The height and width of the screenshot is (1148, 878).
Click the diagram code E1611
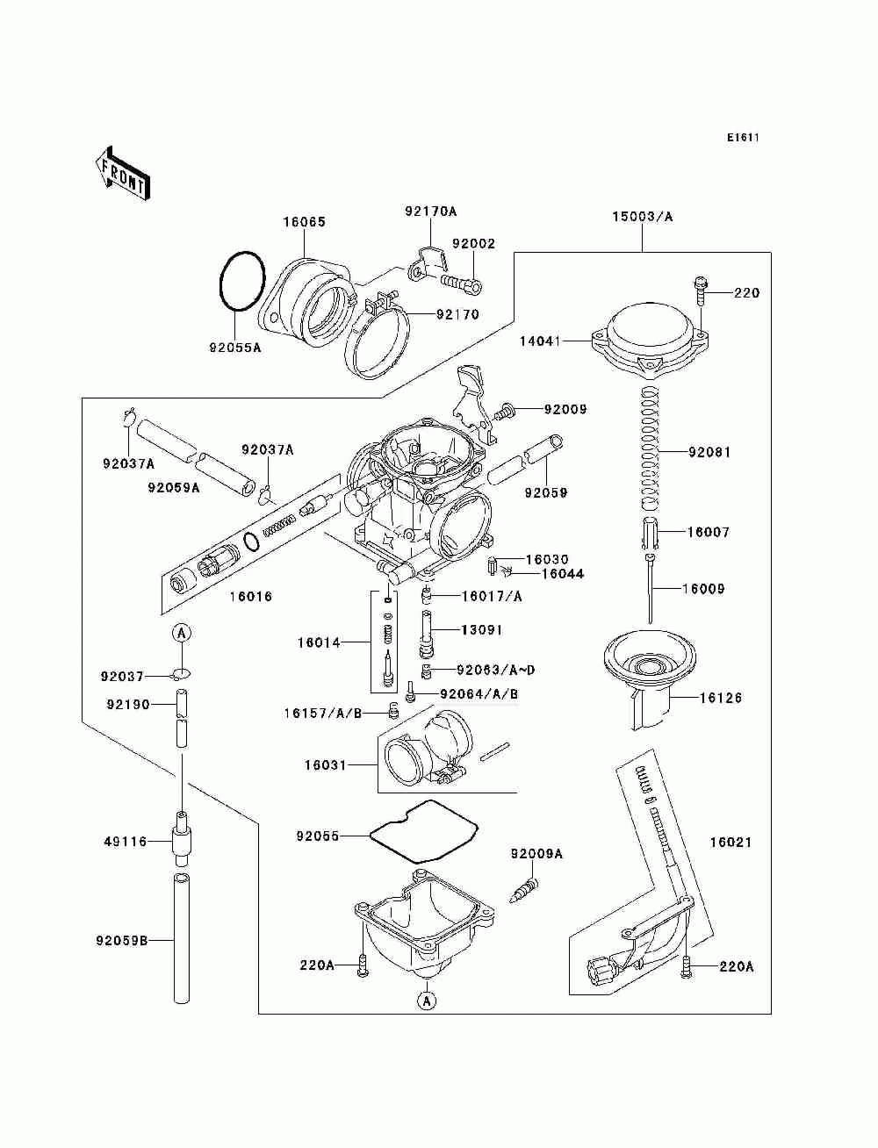743,138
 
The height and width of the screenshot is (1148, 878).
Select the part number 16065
304,222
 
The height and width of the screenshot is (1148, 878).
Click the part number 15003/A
642,217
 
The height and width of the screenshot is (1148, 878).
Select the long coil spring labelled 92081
650,448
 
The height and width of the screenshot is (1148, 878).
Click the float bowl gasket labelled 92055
423,832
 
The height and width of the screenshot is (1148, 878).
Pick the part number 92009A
536,854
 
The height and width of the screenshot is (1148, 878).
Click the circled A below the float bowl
427,1001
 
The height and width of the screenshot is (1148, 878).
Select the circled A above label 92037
182,633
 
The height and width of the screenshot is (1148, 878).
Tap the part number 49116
126,842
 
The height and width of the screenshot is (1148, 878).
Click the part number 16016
251,596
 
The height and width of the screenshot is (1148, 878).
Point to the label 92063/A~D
495,670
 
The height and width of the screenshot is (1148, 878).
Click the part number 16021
730,842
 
